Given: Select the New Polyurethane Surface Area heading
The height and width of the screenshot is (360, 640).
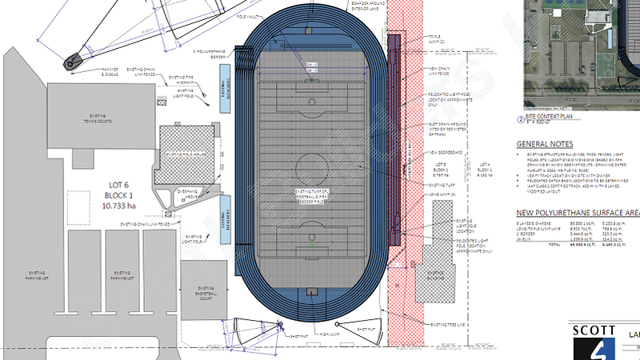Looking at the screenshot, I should pos(575,212).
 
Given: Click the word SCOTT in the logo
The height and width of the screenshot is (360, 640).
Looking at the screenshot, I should pos(593,330).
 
